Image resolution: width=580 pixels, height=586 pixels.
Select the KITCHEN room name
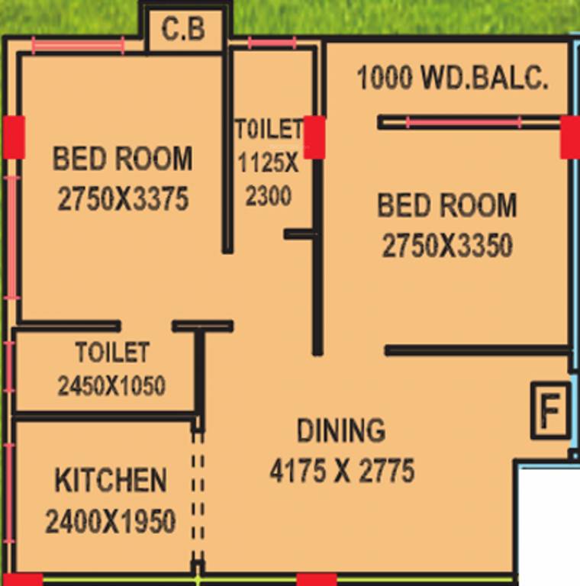point(111,481)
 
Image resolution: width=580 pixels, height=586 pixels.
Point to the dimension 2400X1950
point(111,522)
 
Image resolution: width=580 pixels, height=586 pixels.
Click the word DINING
point(341,430)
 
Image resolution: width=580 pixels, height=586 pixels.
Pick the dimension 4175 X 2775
point(342,470)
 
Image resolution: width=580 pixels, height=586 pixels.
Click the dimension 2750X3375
point(123,199)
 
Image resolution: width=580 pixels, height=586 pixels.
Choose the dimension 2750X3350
point(447,246)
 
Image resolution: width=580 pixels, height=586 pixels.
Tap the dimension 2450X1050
point(111,386)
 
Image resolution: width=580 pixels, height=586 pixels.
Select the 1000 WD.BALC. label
point(453,79)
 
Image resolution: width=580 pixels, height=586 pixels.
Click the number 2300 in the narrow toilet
point(269,196)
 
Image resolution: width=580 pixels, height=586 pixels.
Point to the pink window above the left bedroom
point(78,46)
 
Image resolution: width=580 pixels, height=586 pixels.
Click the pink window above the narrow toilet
point(272,43)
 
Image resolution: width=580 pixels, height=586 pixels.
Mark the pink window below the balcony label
point(463,122)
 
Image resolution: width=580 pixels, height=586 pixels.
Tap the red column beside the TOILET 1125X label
point(314,137)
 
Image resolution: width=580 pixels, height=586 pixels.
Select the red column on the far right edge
point(569,137)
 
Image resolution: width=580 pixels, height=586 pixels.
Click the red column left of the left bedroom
point(14,137)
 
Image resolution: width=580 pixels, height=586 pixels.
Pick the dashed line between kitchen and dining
point(198,496)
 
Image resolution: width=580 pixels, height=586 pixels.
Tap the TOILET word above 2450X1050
point(112,353)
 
